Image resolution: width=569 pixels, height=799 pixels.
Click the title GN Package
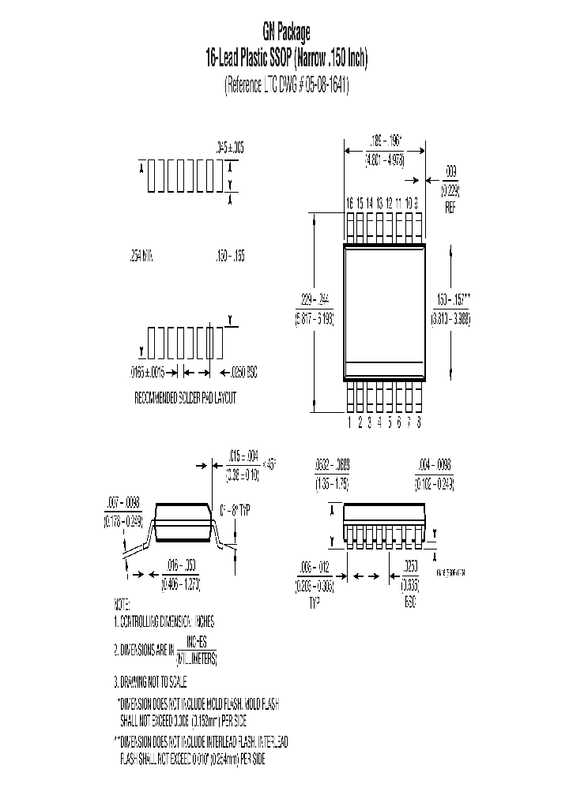click(286, 32)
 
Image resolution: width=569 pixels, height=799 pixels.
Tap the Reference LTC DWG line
click(286, 85)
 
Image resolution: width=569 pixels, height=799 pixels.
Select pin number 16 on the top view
click(349, 203)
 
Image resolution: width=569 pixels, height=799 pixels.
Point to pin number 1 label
click(349, 422)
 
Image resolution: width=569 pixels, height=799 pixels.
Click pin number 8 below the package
click(418, 422)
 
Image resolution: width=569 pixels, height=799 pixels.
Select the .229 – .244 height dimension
click(314, 299)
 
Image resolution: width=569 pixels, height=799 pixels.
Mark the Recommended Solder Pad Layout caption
click(186, 399)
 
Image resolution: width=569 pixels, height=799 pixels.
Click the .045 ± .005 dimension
click(230, 147)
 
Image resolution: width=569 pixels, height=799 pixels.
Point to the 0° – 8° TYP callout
click(234, 510)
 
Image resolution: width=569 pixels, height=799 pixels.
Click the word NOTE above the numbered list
click(122, 604)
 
